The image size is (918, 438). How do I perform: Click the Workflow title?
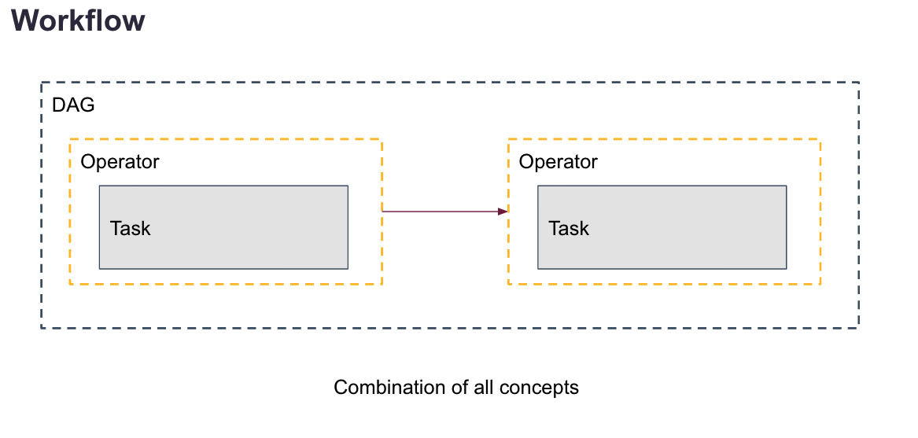78,20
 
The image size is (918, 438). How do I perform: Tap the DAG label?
73,105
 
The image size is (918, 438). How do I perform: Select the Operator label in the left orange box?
120,162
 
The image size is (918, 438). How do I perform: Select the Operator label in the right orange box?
559,162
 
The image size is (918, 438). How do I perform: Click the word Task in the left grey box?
130,229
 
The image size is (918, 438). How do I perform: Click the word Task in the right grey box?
569,229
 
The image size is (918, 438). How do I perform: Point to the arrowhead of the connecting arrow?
503,211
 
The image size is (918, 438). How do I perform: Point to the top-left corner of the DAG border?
42,83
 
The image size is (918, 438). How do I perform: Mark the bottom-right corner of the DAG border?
858,327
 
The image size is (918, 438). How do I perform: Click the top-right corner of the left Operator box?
382,140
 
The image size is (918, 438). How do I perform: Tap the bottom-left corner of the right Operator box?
508,284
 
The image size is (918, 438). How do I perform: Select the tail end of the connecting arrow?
384,211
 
